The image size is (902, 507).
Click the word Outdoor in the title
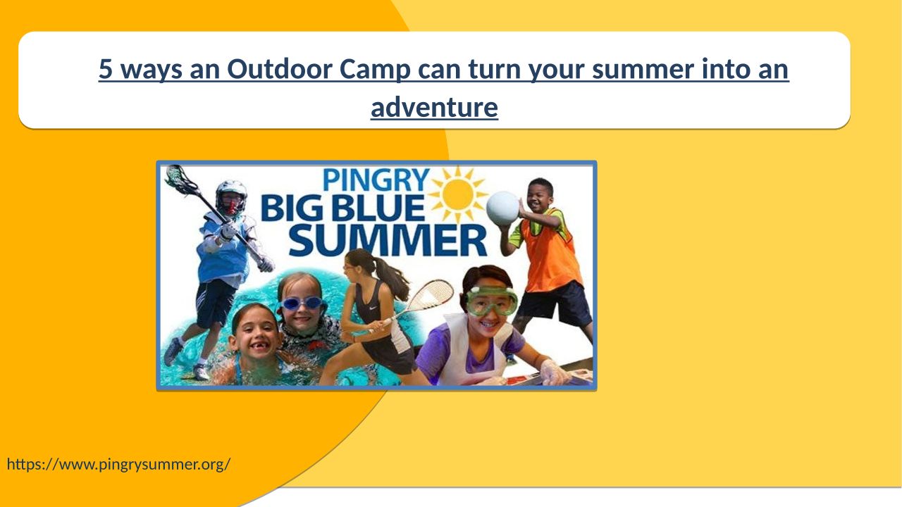pyautogui.click(x=278, y=69)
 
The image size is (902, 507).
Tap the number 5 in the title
pyautogui.click(x=106, y=69)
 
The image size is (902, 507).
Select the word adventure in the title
pyautogui.click(x=434, y=108)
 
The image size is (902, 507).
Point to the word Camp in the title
pyautogui.click(x=374, y=70)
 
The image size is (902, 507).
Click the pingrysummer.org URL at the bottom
pyautogui.click(x=119, y=464)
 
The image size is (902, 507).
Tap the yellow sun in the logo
pyautogui.click(x=458, y=194)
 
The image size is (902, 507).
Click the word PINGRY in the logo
pyautogui.click(x=376, y=180)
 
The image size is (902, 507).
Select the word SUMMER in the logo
pyautogui.click(x=388, y=241)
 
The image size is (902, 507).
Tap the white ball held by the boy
pyautogui.click(x=502, y=208)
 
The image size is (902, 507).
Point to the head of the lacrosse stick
pyautogui.click(x=177, y=178)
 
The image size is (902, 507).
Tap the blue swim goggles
pyautogui.click(x=302, y=303)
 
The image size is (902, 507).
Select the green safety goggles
pyautogui.click(x=492, y=300)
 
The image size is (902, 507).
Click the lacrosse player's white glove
pyautogui.click(x=266, y=264)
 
